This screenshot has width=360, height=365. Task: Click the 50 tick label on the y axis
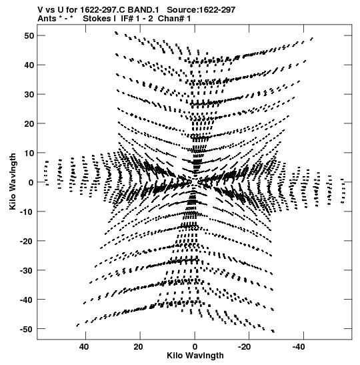(29, 36)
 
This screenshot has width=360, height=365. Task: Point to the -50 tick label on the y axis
(27, 329)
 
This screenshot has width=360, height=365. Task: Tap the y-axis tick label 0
(31, 183)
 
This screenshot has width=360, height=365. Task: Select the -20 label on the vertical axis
(27, 241)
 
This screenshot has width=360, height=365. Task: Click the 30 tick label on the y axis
(29, 95)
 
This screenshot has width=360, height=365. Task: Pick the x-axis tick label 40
(84, 347)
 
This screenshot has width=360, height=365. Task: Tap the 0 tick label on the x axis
(195, 347)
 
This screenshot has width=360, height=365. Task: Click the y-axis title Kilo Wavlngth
(13, 181)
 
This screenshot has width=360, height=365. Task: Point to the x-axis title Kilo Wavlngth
(195, 356)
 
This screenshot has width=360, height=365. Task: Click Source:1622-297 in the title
(201, 10)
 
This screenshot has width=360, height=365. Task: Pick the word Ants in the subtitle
(47, 19)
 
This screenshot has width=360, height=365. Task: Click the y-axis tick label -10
(27, 212)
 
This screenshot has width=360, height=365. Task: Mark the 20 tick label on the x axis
(139, 347)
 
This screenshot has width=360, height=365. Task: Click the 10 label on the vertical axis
(29, 153)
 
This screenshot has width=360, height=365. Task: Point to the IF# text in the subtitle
(127, 19)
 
